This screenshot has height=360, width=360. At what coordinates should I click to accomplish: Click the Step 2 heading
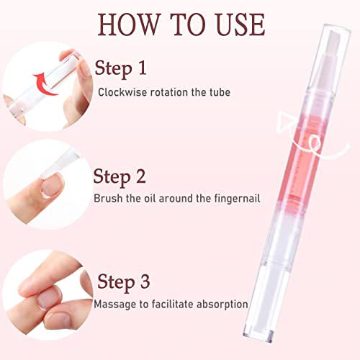122,176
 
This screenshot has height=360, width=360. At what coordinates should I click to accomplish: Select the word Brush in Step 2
109,197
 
